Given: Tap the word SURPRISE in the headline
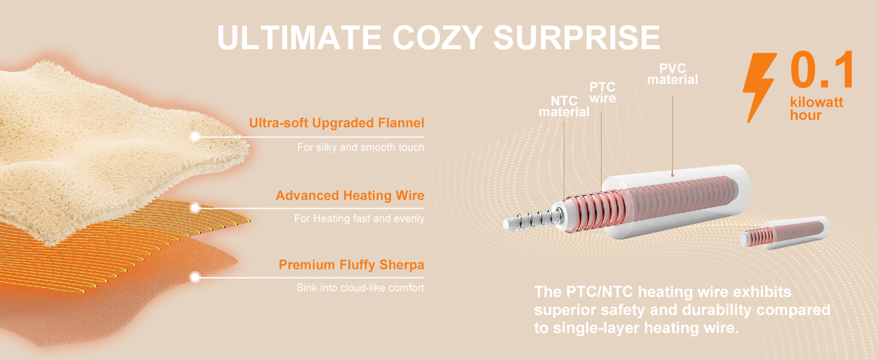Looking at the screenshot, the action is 576,38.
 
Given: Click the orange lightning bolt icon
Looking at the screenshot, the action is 759,88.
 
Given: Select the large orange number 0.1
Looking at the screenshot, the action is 822,70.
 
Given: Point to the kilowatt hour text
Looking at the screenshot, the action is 816,109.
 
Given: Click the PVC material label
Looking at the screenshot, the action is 673,74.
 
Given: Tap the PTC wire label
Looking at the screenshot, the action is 603,92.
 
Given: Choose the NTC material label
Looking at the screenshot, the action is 564,106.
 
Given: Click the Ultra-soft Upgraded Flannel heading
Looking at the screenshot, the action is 336,123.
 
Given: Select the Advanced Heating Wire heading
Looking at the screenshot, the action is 350,195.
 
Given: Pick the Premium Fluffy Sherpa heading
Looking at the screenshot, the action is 351,265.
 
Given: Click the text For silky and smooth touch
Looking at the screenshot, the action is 360,147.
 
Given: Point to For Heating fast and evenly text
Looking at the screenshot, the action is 359,218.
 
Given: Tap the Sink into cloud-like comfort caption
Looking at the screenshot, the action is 360,288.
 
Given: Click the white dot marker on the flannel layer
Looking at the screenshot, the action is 195,136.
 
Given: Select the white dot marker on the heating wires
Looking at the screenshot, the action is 195,208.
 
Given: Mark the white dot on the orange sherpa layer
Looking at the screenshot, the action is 195,277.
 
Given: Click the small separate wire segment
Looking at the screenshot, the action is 784,233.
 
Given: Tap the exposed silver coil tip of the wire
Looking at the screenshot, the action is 533,220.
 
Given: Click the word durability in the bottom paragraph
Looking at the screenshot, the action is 706,310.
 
